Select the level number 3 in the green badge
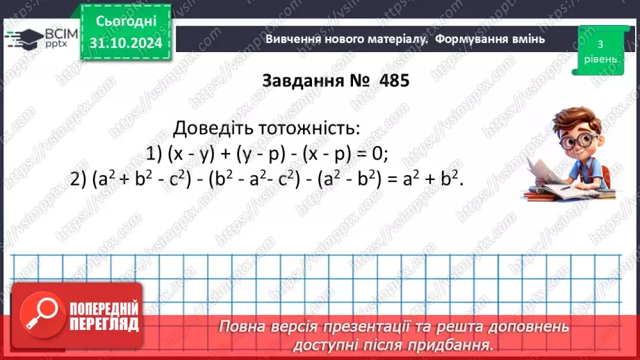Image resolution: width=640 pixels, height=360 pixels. pyautogui.click(x=599, y=44)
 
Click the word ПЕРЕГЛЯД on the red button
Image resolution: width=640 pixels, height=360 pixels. pyautogui.click(x=104, y=324)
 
